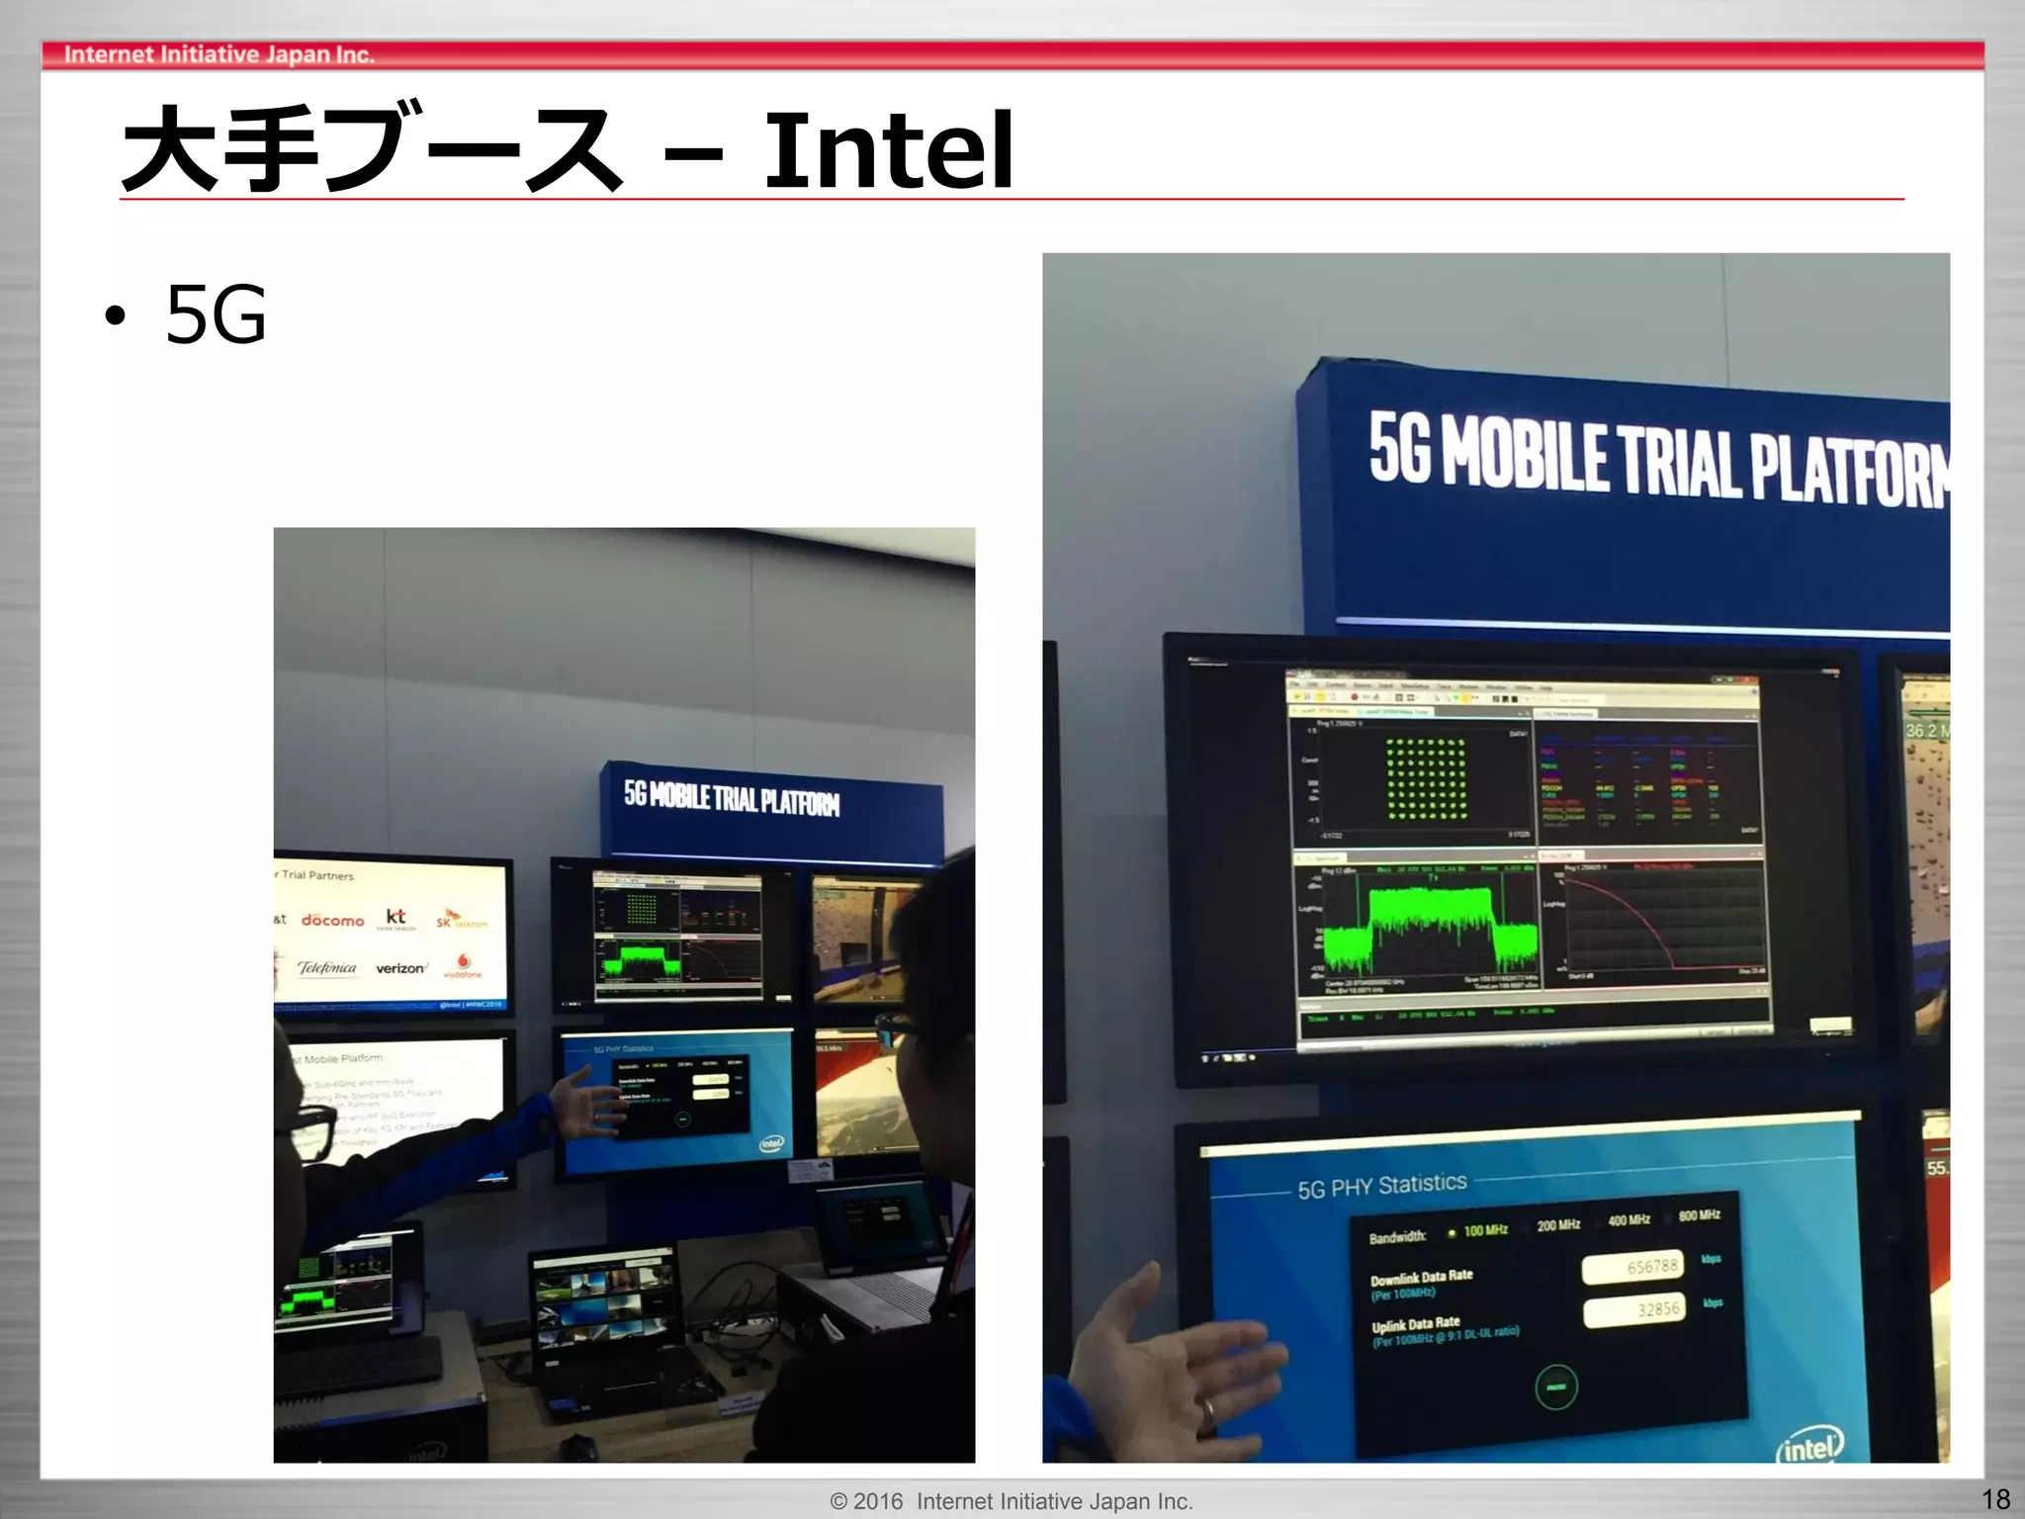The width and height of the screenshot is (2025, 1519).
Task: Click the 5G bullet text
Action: coord(216,314)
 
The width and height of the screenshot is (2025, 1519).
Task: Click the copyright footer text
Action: coord(1012,1501)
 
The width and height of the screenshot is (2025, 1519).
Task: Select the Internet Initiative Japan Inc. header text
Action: coord(219,55)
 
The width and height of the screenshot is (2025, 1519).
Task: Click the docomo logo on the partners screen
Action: coord(332,921)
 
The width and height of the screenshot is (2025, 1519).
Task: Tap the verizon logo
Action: coord(400,968)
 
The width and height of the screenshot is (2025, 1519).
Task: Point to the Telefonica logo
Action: coord(326,967)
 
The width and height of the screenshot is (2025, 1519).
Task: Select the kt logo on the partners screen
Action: coord(396,918)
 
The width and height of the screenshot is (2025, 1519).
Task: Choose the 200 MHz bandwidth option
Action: coord(1556,1225)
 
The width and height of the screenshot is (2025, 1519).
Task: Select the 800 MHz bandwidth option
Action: coord(1697,1215)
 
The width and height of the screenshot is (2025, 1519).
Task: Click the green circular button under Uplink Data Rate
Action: coord(1556,1386)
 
